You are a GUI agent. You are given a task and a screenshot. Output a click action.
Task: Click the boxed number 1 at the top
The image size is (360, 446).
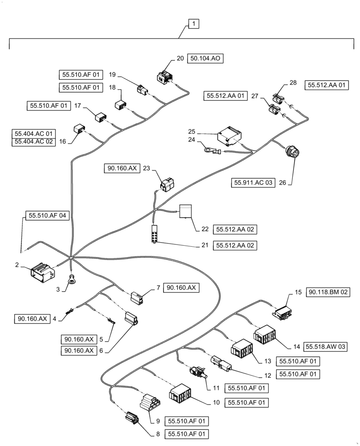point(194,24)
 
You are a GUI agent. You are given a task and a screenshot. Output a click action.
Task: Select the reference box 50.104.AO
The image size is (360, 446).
point(206,58)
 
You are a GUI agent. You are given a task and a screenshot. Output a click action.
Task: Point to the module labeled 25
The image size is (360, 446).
point(229,136)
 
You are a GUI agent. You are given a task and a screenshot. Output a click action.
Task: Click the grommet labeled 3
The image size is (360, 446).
point(71,280)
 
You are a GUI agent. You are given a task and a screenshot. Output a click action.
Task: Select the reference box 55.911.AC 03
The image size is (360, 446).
point(252,182)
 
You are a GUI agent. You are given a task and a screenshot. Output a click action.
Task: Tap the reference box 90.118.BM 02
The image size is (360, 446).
point(329,293)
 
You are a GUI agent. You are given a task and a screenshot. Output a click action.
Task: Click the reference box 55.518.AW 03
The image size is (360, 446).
point(326,346)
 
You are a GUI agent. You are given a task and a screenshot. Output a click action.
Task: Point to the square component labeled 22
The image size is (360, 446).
point(185,211)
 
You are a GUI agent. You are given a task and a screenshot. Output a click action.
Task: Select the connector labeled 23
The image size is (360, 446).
point(168,184)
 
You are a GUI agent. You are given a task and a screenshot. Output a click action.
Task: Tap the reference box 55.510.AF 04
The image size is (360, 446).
point(47,215)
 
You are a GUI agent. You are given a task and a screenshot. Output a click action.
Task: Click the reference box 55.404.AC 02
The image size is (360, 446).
point(33,141)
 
